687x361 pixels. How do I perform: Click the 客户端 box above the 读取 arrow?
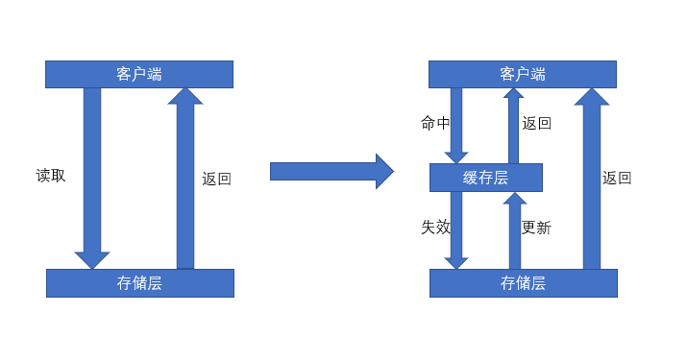pyautogui.click(x=139, y=74)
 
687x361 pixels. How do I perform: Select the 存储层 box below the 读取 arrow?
pyautogui.click(x=139, y=283)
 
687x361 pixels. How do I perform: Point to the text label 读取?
pyautogui.click(x=51, y=176)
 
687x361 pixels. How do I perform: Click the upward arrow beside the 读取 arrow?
pyautogui.click(x=185, y=178)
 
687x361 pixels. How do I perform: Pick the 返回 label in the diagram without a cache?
pyautogui.click(x=216, y=179)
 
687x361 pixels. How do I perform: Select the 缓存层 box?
pyautogui.click(x=485, y=178)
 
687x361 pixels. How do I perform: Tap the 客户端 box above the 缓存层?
pyautogui.click(x=522, y=74)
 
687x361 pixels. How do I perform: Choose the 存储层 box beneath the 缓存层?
pyautogui.click(x=523, y=283)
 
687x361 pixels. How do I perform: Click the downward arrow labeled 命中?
pyautogui.click(x=456, y=125)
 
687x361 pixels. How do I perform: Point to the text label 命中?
pyautogui.click(x=435, y=123)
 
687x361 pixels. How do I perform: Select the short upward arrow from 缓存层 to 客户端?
pyautogui.click(x=513, y=125)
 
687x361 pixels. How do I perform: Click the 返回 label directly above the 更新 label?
pyautogui.click(x=536, y=123)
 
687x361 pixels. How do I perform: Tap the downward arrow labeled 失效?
pyautogui.click(x=456, y=230)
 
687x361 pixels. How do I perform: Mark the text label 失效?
pyautogui.click(x=435, y=228)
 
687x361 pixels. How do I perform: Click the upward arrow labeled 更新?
pyautogui.click(x=514, y=230)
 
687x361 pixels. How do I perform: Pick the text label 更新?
pyautogui.click(x=536, y=228)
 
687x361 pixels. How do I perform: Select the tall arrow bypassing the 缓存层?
pyautogui.click(x=592, y=178)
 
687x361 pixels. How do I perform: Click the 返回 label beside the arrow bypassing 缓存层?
pyautogui.click(x=617, y=178)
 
